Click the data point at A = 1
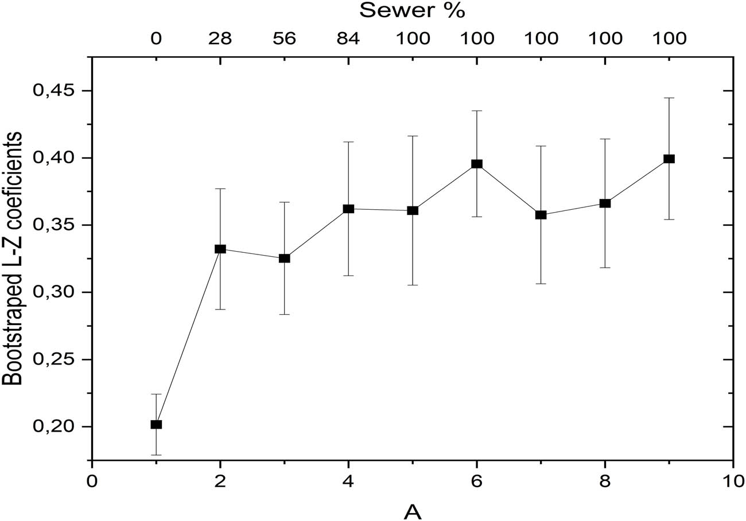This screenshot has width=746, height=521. click(x=156, y=424)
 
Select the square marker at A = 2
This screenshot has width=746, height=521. click(x=220, y=249)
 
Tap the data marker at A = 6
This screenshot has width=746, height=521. click(x=476, y=164)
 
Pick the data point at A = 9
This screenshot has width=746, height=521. click(x=669, y=159)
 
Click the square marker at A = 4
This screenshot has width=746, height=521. click(x=348, y=209)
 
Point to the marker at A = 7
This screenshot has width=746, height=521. click(x=541, y=215)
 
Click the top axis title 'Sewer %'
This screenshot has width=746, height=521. click(x=411, y=10)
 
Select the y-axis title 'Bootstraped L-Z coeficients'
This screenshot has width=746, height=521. click(x=13, y=258)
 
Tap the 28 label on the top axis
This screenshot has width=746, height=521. click(x=220, y=38)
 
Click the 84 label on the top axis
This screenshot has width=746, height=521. click(x=348, y=38)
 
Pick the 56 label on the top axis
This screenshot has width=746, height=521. click(x=284, y=38)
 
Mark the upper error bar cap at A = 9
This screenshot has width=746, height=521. click(x=669, y=98)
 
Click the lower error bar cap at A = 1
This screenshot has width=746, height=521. click(x=156, y=455)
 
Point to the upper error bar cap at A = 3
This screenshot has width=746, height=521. click(x=284, y=202)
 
